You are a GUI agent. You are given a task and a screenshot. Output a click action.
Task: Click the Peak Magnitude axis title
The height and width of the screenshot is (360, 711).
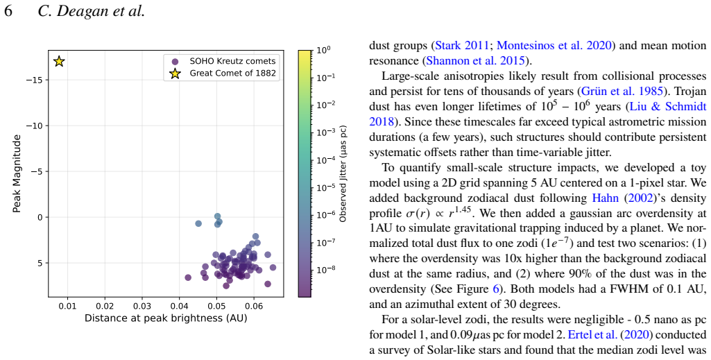coord(17,173)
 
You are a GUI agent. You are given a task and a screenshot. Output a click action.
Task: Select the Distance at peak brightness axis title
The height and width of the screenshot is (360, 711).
coord(166,319)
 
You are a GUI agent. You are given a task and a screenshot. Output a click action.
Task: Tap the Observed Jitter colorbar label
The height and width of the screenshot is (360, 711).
coord(343,173)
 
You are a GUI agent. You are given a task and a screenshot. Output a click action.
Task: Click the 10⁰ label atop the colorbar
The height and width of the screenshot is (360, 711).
coord(323,50)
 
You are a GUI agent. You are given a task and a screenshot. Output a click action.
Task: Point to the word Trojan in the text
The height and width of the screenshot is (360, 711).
coord(691,92)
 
